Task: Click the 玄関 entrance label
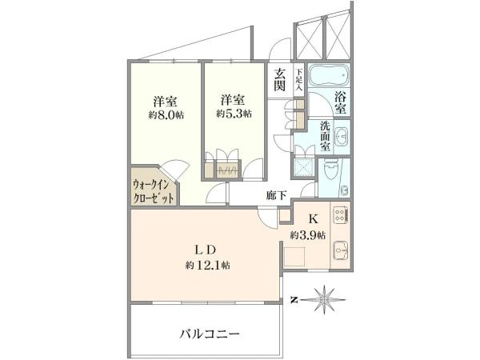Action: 280,79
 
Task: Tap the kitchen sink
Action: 341,250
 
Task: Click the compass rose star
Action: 323,300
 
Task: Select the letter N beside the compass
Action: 294,300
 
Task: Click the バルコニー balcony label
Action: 210,334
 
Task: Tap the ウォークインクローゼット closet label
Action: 151,192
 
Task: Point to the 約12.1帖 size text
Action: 208,265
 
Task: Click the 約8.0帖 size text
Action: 166,114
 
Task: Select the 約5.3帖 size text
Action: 234,114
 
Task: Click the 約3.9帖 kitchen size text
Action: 308,235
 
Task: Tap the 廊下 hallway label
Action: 277,195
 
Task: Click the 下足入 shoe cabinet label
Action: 299,79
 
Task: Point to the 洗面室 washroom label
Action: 325,136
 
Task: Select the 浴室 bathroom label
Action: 341,103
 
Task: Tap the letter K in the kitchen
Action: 313,218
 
